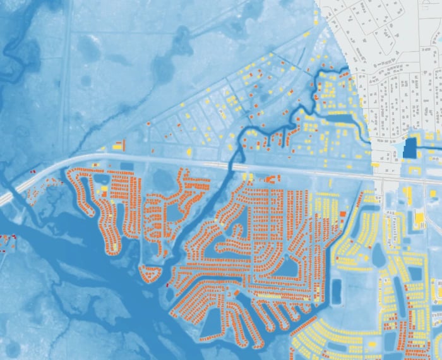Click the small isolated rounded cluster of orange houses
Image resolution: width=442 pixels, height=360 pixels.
tap(150, 273)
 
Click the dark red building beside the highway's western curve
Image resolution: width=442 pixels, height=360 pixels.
tap(33, 171)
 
